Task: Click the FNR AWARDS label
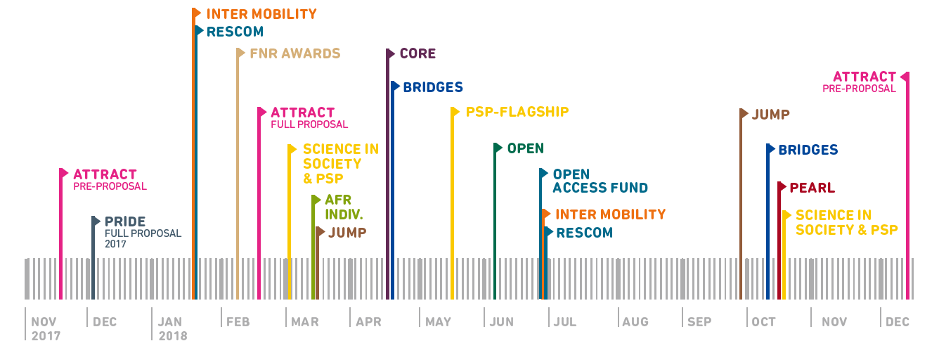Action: (x=294, y=53)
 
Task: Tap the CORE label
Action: (x=417, y=53)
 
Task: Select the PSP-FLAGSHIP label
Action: (x=517, y=112)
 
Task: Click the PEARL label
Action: (x=812, y=188)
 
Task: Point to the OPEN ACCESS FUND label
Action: (x=600, y=181)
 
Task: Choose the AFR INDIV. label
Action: (x=344, y=207)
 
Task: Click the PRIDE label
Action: (x=125, y=221)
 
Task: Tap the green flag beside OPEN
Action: (x=498, y=148)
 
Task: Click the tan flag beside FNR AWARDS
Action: (x=241, y=53)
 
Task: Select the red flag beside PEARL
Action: (x=782, y=187)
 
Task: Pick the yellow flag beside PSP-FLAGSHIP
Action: (x=455, y=112)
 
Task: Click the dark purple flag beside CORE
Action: (x=391, y=53)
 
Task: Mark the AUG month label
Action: (x=635, y=322)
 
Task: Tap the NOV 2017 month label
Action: (x=46, y=328)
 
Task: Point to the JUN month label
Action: (x=501, y=322)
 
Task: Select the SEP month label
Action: (x=699, y=322)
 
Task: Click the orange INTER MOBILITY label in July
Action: (x=610, y=214)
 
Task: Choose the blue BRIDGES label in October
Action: (x=808, y=150)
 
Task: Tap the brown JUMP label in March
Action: (x=347, y=232)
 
